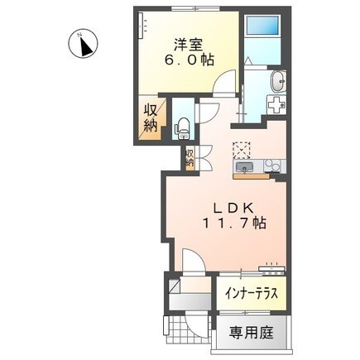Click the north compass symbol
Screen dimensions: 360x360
pos(83,46)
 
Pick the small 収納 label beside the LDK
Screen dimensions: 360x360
pos(190,157)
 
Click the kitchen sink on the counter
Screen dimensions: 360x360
pos(245,169)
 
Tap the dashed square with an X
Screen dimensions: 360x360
pos(242,149)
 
